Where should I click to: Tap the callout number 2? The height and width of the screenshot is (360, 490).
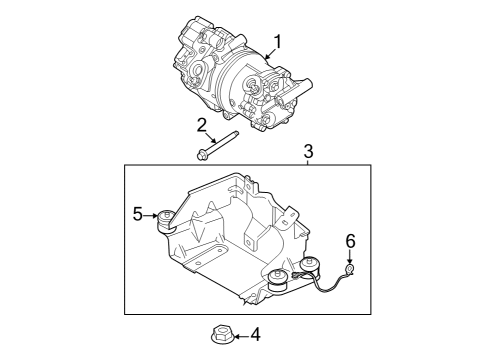click(201, 124)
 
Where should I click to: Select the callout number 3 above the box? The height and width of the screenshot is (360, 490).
click(308, 152)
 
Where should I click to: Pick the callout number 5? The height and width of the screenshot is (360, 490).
click(138, 213)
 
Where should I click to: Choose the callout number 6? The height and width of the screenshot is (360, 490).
click(350, 241)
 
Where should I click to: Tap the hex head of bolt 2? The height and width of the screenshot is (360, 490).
click(202, 155)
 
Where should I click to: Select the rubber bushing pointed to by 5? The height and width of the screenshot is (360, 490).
click(164, 220)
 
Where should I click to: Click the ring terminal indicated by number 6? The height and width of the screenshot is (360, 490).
click(350, 269)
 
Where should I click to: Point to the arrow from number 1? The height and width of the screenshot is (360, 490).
click(268, 55)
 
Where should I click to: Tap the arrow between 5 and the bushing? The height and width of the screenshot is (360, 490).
click(152, 214)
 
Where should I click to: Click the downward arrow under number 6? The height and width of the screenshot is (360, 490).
click(350, 256)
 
